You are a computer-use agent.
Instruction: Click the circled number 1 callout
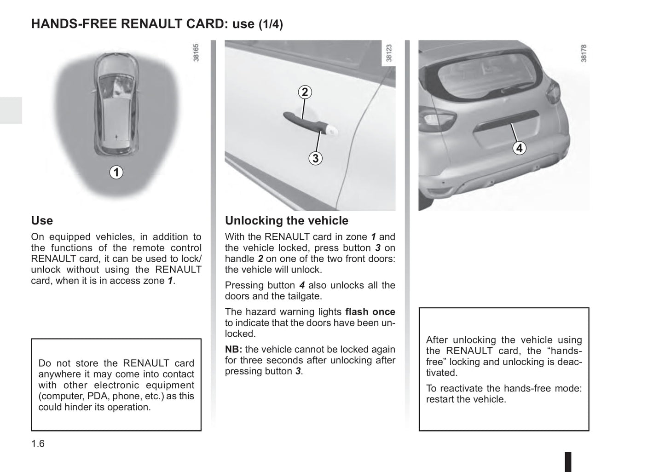point(116,173)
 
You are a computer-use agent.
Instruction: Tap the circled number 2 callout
point(304,92)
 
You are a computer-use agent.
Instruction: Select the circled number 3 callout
point(315,159)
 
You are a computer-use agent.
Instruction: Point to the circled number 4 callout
point(519,148)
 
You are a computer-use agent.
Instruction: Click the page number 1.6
point(38,443)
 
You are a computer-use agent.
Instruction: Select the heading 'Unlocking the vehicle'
point(286,221)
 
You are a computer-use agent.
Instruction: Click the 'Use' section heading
point(42,221)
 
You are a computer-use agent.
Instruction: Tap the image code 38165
point(197,53)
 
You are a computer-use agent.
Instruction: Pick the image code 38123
point(389,53)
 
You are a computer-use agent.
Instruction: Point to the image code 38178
point(584,53)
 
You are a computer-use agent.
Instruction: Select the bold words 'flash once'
point(370,312)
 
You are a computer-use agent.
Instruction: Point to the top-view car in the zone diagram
point(116,104)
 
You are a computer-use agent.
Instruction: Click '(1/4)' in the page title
point(270,24)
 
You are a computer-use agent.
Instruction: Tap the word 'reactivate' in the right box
point(461,389)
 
